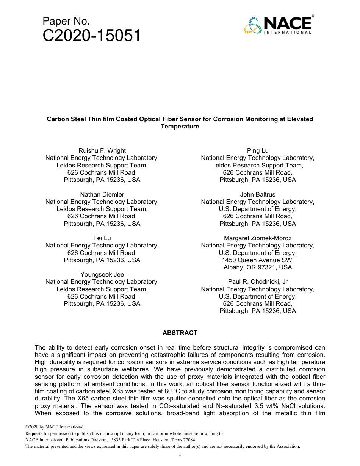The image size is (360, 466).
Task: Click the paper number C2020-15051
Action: point(92,36)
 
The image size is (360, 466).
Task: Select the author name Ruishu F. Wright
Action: point(102,151)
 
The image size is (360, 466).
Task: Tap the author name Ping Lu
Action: point(257,151)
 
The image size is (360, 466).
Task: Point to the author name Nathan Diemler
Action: point(102,194)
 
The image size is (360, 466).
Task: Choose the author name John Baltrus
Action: point(257,194)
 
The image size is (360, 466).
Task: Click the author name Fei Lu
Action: point(102,238)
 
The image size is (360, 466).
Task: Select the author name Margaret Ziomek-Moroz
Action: point(257,238)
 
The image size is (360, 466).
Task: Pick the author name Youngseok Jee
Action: point(102,274)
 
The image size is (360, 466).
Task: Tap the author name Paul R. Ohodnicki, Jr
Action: point(257,281)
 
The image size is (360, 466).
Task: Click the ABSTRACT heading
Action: point(180,333)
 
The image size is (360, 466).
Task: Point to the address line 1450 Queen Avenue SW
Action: point(257,260)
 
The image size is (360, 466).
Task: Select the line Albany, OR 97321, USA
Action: point(257,267)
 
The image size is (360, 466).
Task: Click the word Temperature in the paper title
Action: point(180,127)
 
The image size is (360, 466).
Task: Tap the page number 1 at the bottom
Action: point(180,454)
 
